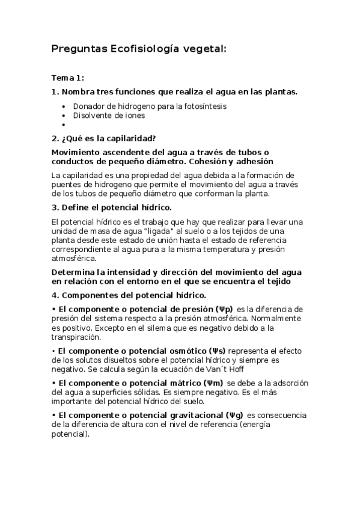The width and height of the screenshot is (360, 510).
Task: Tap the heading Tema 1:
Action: (68, 78)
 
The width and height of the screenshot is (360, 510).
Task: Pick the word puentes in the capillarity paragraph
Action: (66, 185)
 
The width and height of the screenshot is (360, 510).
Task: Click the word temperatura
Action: (229, 248)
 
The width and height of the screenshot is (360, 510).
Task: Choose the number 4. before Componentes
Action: (55, 295)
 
